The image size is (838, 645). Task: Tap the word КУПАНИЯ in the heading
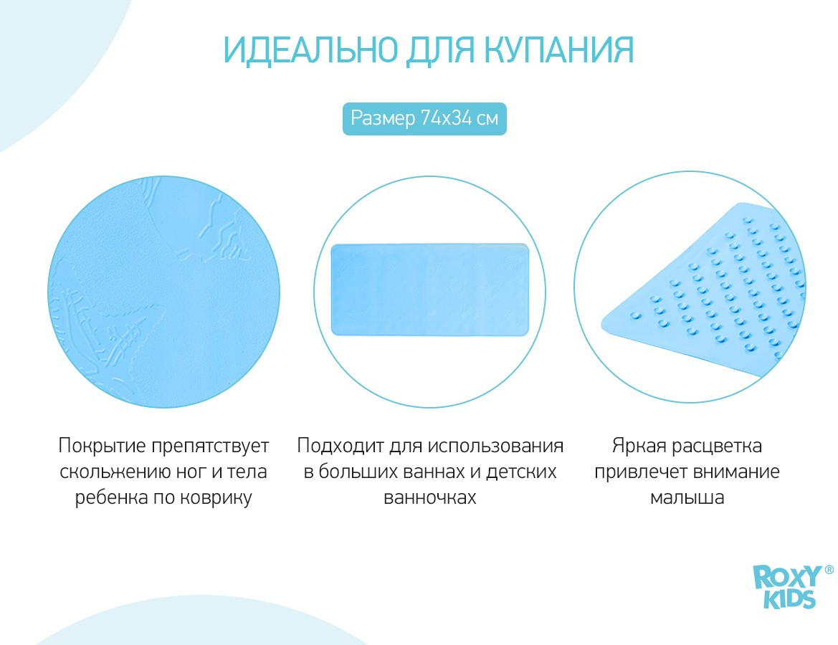(x=560, y=50)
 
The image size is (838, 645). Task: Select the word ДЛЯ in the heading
(x=441, y=52)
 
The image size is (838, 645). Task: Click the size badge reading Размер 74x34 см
(x=424, y=119)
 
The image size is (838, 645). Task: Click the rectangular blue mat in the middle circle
(x=429, y=290)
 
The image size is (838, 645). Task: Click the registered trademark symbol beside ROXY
(x=829, y=570)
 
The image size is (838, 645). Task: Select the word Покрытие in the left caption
(x=102, y=446)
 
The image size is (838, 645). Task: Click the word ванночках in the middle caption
(x=429, y=497)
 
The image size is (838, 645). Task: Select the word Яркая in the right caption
(x=638, y=445)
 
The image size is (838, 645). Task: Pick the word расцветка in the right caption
(x=717, y=446)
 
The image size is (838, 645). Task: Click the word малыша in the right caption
(x=687, y=497)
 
